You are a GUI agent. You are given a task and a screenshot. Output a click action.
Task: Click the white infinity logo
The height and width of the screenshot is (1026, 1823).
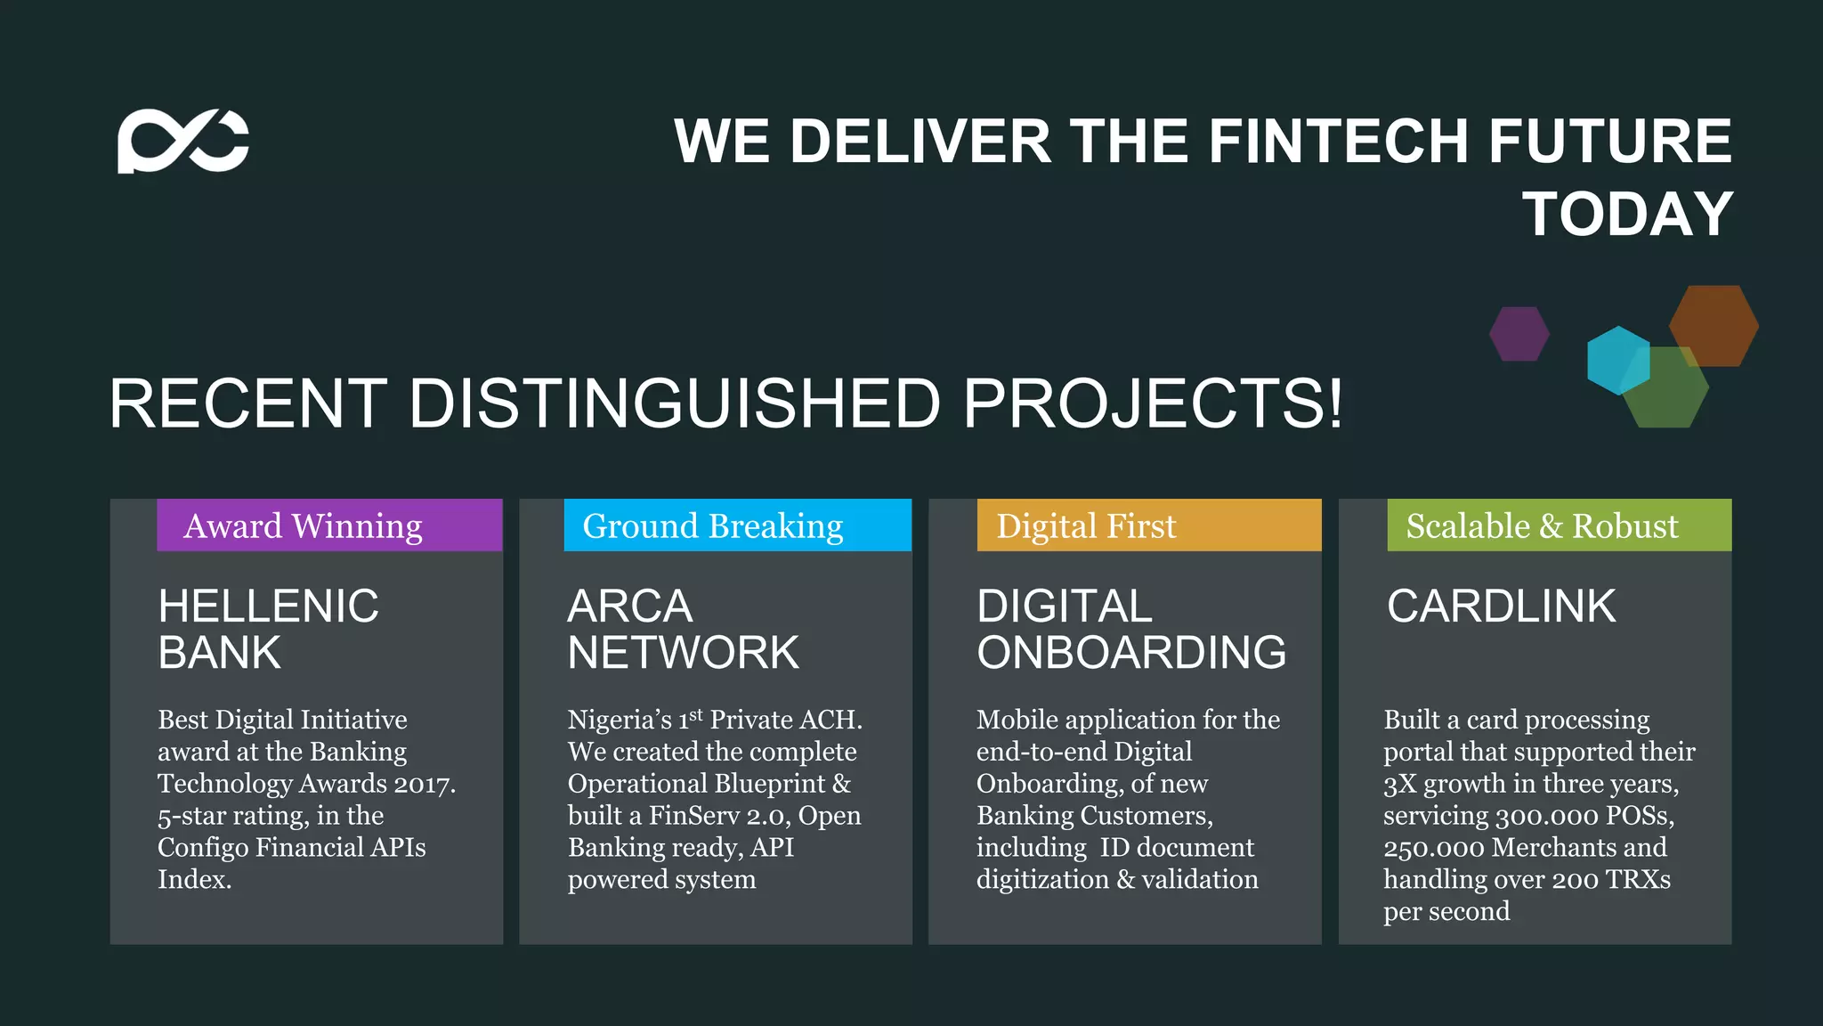click(183, 141)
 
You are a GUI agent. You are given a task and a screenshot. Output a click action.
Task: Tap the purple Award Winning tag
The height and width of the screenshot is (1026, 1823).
click(329, 525)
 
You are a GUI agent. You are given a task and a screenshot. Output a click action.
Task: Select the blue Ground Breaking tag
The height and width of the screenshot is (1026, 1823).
click(737, 525)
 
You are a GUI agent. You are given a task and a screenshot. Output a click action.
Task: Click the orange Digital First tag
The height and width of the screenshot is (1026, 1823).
click(1148, 525)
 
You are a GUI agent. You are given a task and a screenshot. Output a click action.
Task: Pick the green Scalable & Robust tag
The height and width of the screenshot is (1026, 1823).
click(1559, 525)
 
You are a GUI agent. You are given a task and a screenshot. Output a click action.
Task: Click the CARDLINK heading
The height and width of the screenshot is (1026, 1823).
click(1501, 607)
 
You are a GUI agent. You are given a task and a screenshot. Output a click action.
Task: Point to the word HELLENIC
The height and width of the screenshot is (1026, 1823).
click(268, 607)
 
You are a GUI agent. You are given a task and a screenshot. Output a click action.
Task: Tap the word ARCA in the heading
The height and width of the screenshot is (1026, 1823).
click(629, 607)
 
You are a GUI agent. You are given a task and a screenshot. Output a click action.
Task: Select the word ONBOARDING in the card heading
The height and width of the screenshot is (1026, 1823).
click(1131, 653)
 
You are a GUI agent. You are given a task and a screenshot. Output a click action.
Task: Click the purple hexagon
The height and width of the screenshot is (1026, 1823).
click(1519, 334)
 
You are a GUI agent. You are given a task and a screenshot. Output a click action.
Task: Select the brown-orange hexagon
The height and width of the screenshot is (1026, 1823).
click(1714, 324)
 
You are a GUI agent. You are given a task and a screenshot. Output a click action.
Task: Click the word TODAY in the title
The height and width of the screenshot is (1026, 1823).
click(1627, 215)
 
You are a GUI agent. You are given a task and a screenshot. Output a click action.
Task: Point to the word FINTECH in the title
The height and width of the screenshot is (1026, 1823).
click(1339, 142)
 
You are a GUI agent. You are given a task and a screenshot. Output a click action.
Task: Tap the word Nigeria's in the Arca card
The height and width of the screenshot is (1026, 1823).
click(620, 720)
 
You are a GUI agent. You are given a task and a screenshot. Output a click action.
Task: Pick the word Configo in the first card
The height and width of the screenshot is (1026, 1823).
click(203, 847)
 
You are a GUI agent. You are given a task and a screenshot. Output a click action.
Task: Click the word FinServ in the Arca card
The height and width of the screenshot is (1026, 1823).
click(694, 816)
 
